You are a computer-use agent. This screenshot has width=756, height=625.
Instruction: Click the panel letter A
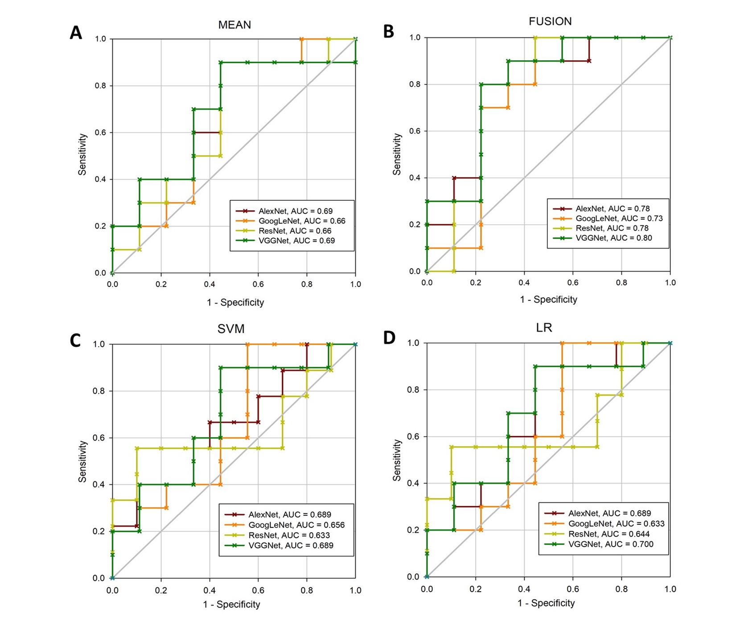pos(76,33)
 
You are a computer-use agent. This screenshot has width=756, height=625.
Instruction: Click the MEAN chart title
pos(234,25)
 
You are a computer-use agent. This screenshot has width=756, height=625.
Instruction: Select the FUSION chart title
pos(550,21)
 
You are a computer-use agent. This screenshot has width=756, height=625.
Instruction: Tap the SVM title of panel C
pos(231,329)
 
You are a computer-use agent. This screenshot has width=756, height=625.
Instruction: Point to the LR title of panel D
pos(544,328)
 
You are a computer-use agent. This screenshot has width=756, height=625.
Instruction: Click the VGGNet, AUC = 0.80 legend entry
pos(613,238)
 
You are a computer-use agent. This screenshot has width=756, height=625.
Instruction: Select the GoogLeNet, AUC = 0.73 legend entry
pos(619,218)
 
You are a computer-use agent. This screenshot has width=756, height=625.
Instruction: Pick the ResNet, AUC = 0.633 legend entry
pos(289,535)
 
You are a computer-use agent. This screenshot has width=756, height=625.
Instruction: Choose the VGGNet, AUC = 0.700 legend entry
pos(611,544)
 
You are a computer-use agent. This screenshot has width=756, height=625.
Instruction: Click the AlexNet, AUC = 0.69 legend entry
pos(295,211)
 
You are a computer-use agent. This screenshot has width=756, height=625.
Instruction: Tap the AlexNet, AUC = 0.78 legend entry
pos(612,208)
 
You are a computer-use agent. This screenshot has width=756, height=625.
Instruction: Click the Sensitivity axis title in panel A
pos(82,154)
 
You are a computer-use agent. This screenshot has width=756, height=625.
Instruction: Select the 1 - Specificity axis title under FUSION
pos(548,300)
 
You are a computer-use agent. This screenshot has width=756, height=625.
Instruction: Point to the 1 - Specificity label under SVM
pos(231,604)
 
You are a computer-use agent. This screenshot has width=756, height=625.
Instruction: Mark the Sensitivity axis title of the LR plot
pos(397,460)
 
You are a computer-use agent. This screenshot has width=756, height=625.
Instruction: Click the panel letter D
pos(389,338)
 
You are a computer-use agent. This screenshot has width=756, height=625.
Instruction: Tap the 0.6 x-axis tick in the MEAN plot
pos(258,284)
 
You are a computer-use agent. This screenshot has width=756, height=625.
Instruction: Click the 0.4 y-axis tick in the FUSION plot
pos(415,178)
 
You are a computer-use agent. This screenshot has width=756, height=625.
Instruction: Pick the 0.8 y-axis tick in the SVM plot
pos(99,391)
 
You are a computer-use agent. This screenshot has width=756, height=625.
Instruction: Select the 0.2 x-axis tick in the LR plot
pos(476,589)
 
